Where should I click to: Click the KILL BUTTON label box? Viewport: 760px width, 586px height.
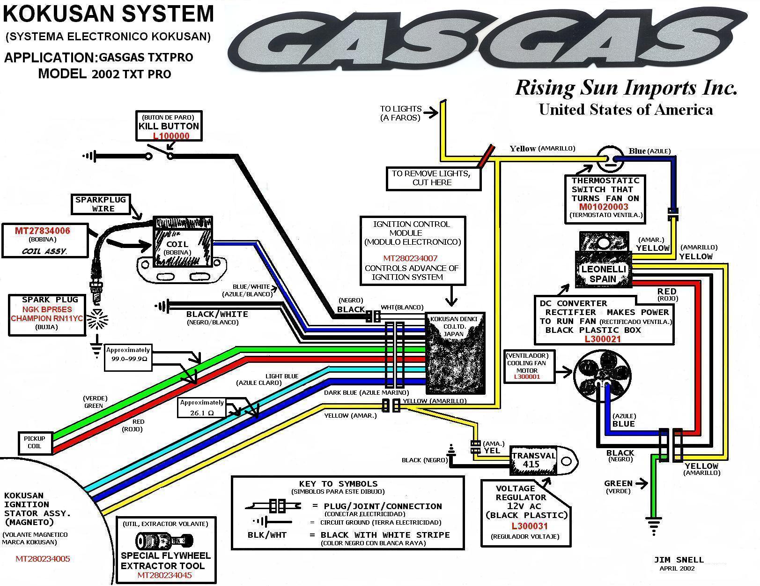coord(169,126)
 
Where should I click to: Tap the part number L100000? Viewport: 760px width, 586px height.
coord(171,136)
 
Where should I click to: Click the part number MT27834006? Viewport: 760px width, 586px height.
coord(43,231)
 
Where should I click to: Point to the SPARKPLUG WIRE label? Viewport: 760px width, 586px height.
coord(101,204)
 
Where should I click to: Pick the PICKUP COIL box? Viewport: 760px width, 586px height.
coord(34,442)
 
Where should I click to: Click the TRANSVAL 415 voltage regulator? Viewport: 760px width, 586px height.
coord(534,460)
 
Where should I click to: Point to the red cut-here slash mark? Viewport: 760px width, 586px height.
coord(486,156)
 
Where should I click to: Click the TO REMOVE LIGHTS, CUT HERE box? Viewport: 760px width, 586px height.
coord(431,178)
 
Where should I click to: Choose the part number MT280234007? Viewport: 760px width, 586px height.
coord(410,258)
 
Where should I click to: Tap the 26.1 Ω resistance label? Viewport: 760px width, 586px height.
coord(202,413)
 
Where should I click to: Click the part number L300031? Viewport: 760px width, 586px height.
coord(530,526)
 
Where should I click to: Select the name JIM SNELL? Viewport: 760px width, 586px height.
coord(679,560)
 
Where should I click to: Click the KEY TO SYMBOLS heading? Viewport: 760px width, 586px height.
coord(338,484)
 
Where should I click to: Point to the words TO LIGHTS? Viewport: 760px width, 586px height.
coord(400,109)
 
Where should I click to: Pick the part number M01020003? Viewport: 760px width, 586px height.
coord(604,207)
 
